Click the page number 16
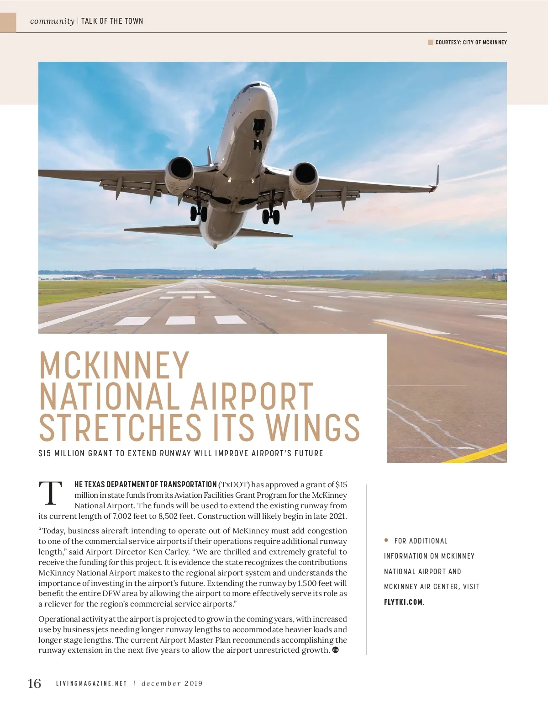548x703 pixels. click(35, 683)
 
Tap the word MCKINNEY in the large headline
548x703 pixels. click(114, 365)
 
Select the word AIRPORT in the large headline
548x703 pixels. click(251, 396)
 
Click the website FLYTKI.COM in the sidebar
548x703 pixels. click(403, 602)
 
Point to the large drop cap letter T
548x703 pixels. click(51, 494)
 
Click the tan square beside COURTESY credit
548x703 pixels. click(430, 43)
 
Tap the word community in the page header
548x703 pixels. click(52, 21)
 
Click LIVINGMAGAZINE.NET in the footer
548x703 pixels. click(91, 684)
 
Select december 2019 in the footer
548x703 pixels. click(172, 684)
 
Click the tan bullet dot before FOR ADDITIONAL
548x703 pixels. click(386, 540)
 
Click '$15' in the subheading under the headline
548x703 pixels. click(44, 453)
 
